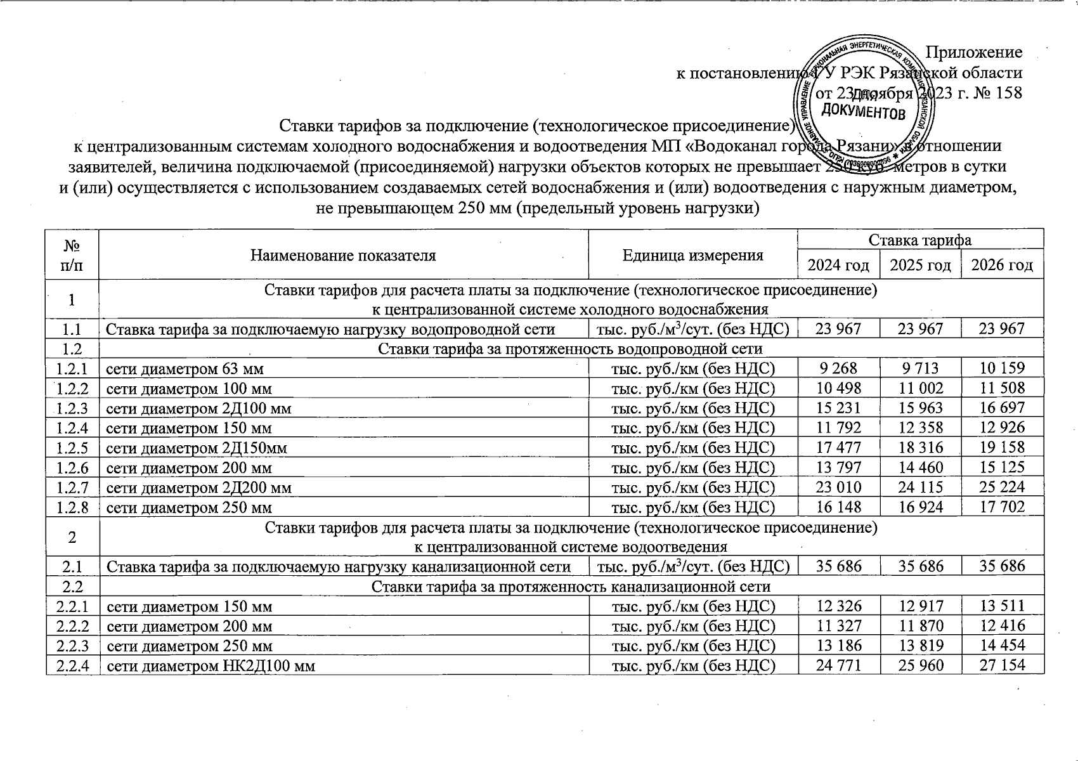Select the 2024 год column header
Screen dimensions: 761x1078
(x=838, y=265)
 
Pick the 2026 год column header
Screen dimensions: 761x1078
(x=1002, y=265)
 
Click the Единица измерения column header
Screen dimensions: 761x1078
(x=692, y=255)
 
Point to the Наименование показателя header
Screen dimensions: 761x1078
(x=343, y=255)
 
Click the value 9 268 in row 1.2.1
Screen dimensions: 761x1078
(x=838, y=368)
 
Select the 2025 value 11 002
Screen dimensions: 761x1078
(x=920, y=388)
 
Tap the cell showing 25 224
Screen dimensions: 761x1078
(x=1002, y=487)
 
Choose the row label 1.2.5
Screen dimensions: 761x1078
(x=72, y=448)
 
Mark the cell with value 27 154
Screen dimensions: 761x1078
(x=1002, y=665)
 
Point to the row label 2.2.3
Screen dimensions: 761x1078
(x=72, y=646)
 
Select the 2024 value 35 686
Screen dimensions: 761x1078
(x=838, y=566)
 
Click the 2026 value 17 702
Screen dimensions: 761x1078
(x=1002, y=507)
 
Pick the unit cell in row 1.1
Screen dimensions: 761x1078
(x=692, y=328)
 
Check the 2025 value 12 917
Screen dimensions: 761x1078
(x=920, y=606)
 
